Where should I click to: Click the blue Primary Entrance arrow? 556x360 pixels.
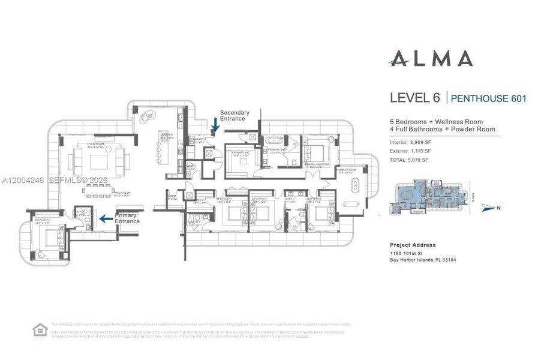(x=106, y=219)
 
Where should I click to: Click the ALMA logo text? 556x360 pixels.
(x=431, y=58)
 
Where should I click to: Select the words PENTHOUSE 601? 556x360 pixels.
(x=488, y=98)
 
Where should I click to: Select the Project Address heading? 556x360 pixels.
(x=413, y=245)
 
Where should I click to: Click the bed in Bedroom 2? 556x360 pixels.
(x=50, y=240)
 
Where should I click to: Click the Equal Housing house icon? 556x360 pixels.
(x=40, y=330)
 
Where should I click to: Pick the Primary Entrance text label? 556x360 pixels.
(x=127, y=218)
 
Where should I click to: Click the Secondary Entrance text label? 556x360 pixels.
(x=233, y=115)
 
